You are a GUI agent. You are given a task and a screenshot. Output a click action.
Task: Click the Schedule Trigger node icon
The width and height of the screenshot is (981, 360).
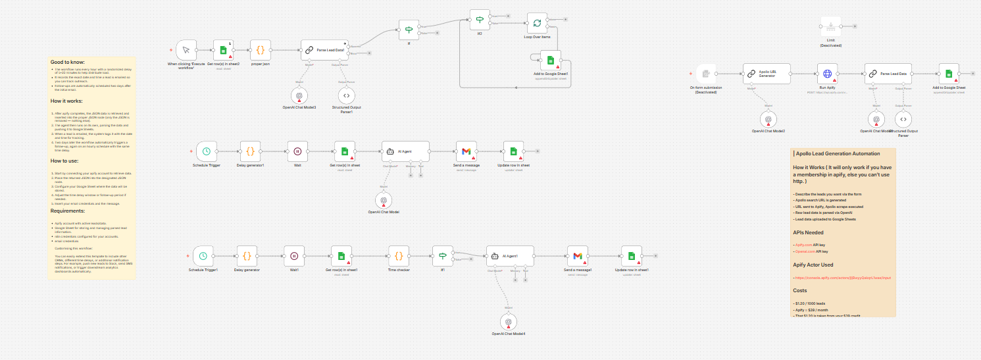coord(207,151)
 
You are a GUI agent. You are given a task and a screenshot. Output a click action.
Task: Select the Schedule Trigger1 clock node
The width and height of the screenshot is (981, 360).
coord(203,255)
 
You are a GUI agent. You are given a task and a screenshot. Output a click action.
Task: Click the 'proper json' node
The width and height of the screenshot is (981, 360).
coord(260,50)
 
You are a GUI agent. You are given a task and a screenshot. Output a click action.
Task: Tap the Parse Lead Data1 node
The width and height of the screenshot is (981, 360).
coord(325,50)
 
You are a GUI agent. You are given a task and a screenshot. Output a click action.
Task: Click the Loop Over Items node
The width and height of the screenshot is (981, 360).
coord(537,24)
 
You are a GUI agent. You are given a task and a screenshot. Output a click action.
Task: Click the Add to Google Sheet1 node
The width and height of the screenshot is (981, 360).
coord(551,61)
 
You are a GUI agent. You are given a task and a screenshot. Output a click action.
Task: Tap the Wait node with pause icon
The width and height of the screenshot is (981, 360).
coord(297,151)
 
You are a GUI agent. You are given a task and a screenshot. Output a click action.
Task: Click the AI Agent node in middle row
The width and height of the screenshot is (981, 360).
coord(405,151)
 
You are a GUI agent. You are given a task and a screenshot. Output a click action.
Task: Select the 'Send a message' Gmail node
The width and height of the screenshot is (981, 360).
coord(466,151)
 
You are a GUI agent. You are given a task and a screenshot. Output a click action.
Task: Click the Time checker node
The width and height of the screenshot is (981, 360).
coord(399,255)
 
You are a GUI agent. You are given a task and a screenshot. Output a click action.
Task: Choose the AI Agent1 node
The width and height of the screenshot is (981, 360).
coord(510,255)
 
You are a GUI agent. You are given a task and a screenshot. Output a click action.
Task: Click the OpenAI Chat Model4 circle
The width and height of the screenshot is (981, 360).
coord(508,321)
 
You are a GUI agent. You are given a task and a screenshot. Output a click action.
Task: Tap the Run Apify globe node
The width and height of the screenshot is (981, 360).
coord(828,74)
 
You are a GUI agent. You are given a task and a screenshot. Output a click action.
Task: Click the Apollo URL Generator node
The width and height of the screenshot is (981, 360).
coord(767,74)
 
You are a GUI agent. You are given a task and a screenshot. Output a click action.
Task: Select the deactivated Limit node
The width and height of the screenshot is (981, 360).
coord(830,27)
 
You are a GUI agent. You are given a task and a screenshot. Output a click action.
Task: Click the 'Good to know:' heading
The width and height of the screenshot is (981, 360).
coord(68,62)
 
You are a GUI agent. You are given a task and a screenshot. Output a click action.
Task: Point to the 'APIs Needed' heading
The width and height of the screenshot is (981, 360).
coord(808,232)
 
